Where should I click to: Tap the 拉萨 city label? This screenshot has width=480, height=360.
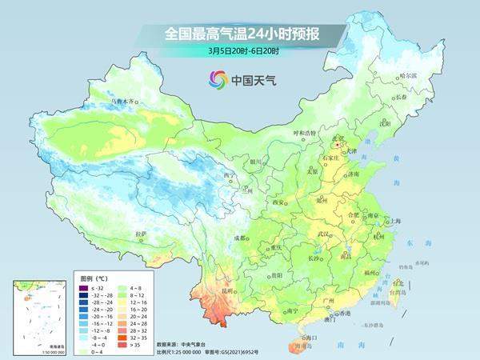pos(142,234)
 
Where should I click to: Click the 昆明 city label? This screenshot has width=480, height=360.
pos(230,291)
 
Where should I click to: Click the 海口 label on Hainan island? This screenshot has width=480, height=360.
pos(305,339)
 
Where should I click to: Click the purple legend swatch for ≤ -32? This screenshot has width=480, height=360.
pos(82,286)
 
